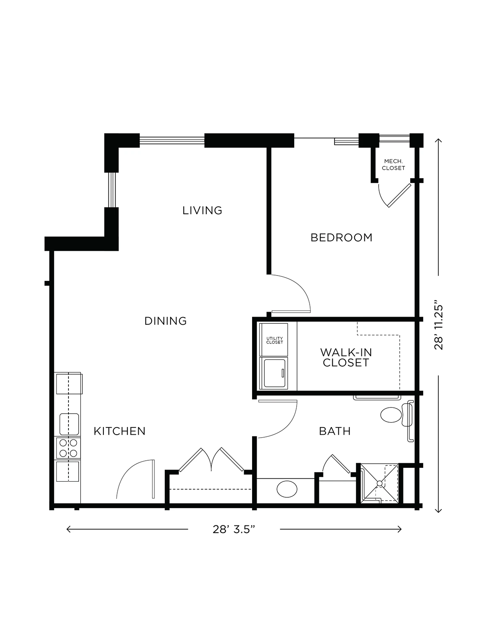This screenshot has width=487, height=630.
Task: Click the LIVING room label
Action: [202, 210]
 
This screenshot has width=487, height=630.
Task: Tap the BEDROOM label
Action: [341, 238]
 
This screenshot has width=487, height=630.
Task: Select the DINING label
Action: [165, 321]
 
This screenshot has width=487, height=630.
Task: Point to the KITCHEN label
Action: [119, 431]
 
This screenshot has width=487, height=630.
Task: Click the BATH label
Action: [335, 431]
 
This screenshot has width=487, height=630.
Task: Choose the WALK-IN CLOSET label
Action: [346, 357]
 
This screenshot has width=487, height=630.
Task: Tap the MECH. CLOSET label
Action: [393, 165]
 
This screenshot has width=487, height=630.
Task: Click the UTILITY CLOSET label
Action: [274, 340]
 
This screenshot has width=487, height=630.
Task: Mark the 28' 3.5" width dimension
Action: [234, 529]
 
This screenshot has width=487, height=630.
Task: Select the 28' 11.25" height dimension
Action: [439, 327]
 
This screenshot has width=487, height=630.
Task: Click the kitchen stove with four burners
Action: [68, 448]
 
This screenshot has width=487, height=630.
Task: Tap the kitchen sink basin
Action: [69, 424]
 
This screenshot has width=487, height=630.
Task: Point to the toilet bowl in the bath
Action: [390, 415]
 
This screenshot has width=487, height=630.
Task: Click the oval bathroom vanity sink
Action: [287, 489]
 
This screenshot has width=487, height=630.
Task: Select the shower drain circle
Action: [379, 483]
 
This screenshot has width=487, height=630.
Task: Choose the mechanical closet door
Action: [400, 195]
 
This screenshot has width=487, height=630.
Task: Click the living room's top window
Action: [172, 141]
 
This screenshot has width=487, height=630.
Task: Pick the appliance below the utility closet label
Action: [274, 373]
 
